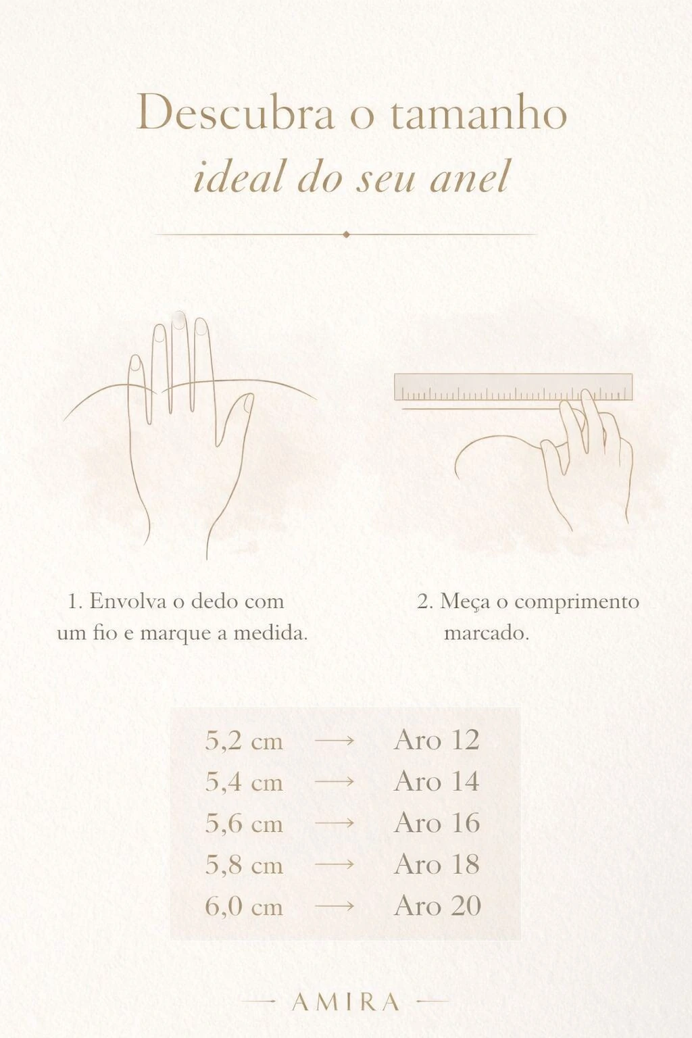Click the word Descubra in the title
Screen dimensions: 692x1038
[x=235, y=113]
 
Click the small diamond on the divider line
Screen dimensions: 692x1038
[x=346, y=234]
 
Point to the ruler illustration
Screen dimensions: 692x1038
[x=513, y=387]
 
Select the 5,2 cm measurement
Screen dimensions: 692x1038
[x=244, y=741]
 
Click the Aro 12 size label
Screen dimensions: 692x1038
[x=437, y=739]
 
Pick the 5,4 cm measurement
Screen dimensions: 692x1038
[x=244, y=782]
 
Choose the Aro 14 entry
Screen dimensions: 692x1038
[x=437, y=781]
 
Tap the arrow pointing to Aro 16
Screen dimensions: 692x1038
[x=335, y=824]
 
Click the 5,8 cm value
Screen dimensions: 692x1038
[x=244, y=865]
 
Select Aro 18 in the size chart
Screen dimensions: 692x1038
[x=437, y=864]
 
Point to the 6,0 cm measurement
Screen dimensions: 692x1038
[x=244, y=906]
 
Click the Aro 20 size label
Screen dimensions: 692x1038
[x=437, y=906]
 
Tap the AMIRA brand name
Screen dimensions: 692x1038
[x=345, y=1002]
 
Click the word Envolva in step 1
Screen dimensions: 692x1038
[x=128, y=601]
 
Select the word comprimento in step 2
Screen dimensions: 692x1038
[x=576, y=602]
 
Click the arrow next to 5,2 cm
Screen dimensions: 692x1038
[x=335, y=741]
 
